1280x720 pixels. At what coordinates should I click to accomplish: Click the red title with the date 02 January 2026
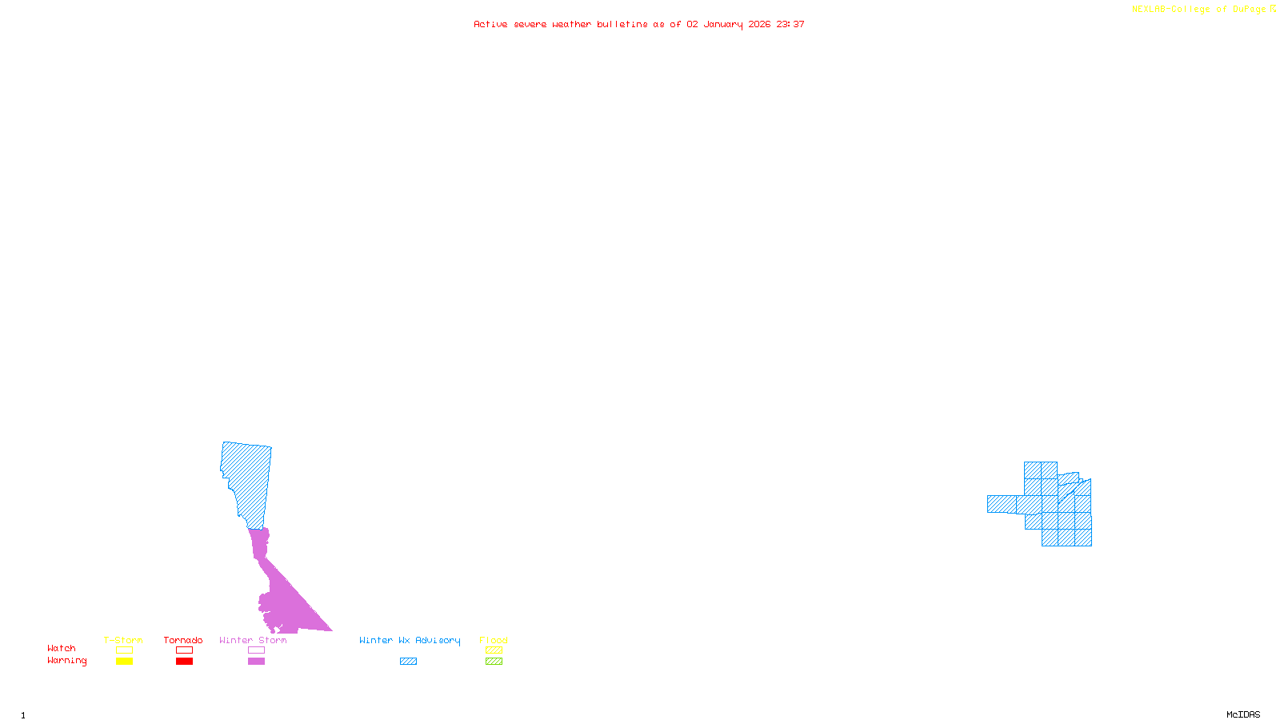click(638, 24)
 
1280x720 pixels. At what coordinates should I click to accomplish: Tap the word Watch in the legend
click(62, 648)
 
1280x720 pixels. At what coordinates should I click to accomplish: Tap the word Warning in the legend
click(66, 661)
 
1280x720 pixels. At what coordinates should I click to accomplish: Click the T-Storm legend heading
click(123, 640)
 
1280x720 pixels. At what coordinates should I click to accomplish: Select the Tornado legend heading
click(183, 640)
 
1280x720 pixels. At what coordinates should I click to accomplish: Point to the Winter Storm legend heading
click(253, 640)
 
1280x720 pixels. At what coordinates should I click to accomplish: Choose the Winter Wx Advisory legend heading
click(410, 640)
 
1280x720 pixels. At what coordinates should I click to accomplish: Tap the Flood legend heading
click(494, 640)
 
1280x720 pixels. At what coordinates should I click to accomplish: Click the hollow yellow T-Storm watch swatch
click(124, 650)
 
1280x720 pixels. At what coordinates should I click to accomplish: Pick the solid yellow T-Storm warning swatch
click(124, 662)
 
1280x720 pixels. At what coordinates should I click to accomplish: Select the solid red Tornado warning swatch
click(184, 662)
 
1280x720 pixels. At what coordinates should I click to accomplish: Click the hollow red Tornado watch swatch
click(184, 650)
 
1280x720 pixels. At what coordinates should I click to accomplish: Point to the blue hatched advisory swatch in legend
click(408, 662)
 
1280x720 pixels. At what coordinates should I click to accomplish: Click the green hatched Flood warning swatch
click(494, 662)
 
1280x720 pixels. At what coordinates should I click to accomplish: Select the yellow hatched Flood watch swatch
click(494, 650)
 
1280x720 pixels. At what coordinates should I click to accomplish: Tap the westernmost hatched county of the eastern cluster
click(1002, 504)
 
